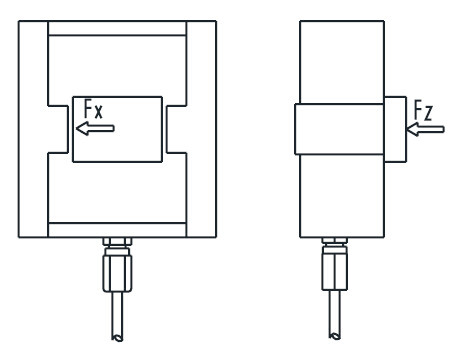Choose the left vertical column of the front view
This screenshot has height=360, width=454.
[x=33, y=128]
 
